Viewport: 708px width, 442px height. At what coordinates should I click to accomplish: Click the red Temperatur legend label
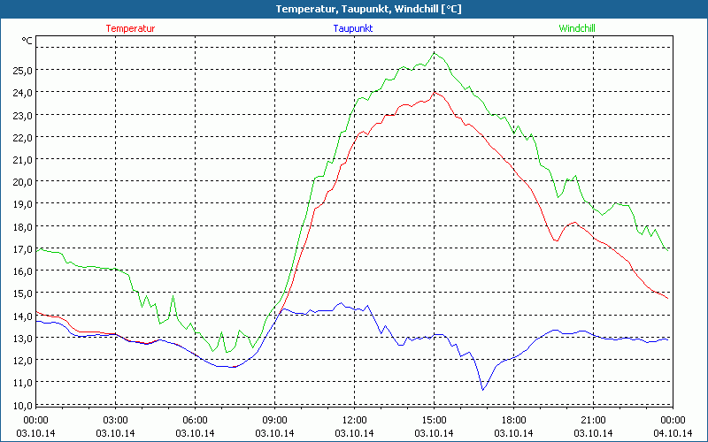(x=130, y=28)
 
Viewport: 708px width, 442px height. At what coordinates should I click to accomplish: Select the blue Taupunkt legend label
(x=353, y=28)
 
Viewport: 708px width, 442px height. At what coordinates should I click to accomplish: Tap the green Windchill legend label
(x=577, y=28)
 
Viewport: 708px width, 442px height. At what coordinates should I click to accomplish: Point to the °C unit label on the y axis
(x=27, y=41)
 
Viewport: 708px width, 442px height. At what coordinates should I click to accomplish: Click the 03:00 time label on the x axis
(x=116, y=420)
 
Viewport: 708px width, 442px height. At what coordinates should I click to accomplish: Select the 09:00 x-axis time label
(x=275, y=420)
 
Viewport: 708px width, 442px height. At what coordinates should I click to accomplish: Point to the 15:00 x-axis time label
(x=435, y=420)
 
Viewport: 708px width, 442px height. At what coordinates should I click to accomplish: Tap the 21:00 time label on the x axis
(x=593, y=420)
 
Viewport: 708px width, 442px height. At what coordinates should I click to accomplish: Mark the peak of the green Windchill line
(x=434, y=53)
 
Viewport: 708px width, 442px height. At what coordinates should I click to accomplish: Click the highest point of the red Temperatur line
(x=434, y=91)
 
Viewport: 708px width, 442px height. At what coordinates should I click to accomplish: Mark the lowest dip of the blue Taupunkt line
(x=482, y=390)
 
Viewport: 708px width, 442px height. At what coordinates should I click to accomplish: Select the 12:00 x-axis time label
(x=355, y=420)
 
